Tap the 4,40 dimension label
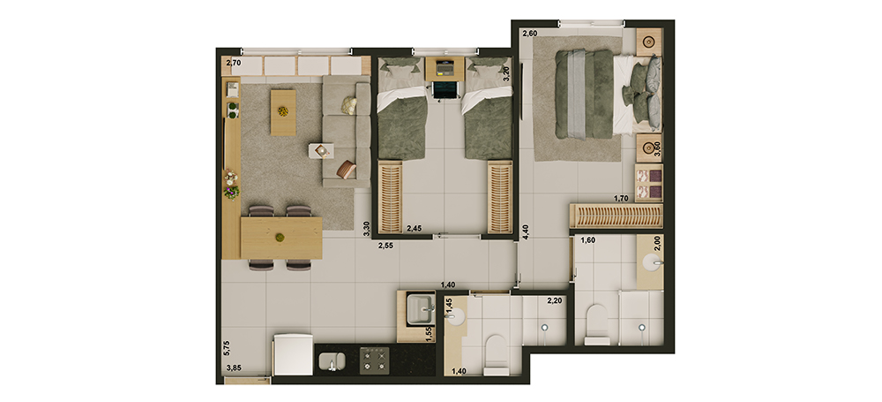pos(526,232)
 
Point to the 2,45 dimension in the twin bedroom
pos(414,228)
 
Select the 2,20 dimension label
pos(555,300)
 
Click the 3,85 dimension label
pos(235,368)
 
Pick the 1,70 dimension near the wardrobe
pos(621,199)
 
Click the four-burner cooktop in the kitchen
pos(374,360)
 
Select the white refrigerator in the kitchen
pos(293,354)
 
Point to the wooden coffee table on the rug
pos(283,113)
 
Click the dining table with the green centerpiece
pos(281,238)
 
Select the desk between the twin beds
pos(445,68)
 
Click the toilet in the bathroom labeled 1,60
pos(597,325)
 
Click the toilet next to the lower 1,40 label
pos(496,355)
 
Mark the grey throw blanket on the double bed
pos(577,95)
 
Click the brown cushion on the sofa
pos(346,169)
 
